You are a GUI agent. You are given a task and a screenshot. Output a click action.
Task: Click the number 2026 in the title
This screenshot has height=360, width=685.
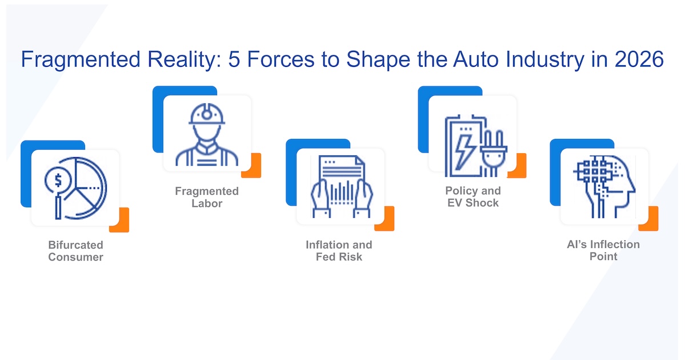pos(639,59)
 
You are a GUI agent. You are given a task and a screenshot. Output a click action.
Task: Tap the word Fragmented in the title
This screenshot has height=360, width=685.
pos(81,60)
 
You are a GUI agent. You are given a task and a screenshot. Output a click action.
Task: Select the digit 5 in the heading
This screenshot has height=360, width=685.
pos(234,59)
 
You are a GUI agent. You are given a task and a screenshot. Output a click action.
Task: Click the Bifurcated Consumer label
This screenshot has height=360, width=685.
pos(75,251)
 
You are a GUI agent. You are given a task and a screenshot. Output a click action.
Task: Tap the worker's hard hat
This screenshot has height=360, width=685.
pos(207,114)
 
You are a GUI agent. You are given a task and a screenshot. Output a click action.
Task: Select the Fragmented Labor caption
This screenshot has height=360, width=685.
pos(207,197)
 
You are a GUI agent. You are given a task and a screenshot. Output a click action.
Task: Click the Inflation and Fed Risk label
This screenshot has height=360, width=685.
pos(339,251)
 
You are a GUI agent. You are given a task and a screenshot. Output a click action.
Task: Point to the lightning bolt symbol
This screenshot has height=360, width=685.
pos(463,151)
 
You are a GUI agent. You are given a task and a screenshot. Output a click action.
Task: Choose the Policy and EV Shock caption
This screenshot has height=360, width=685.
pos(473,197)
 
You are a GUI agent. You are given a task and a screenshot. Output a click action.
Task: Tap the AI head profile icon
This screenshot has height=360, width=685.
pos(604,186)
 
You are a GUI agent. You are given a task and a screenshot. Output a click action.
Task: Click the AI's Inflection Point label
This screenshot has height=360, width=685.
pos(603,250)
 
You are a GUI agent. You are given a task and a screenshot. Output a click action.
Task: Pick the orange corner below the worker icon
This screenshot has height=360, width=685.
pos(251,166)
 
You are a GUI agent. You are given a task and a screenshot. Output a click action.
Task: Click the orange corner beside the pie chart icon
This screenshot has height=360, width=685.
pos(120,220)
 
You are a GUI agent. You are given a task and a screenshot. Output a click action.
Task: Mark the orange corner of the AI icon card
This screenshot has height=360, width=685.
pos(649,219)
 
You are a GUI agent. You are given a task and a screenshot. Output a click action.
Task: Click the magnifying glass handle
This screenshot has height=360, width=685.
pos(58,207)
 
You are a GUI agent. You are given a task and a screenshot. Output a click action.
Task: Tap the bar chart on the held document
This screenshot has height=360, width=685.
pos(342,192)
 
